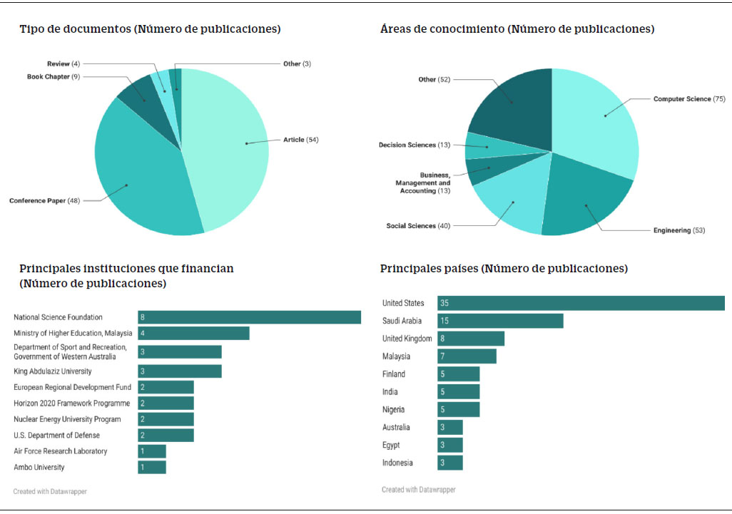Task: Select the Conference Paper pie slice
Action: tap(143, 178)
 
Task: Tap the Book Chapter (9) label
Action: tap(54, 76)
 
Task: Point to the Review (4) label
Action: tap(63, 63)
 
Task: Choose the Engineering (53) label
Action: tap(679, 230)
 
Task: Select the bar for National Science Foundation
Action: tap(249, 317)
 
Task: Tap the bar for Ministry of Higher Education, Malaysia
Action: tap(193, 334)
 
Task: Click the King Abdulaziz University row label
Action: tap(53, 371)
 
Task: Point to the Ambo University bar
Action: tap(151, 467)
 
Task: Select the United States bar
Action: tap(581, 303)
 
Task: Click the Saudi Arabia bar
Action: tap(500, 321)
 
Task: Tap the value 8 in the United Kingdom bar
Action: tap(443, 339)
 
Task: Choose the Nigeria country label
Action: tap(393, 409)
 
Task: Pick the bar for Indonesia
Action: tap(449, 463)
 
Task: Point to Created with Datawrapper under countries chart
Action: tap(418, 490)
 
